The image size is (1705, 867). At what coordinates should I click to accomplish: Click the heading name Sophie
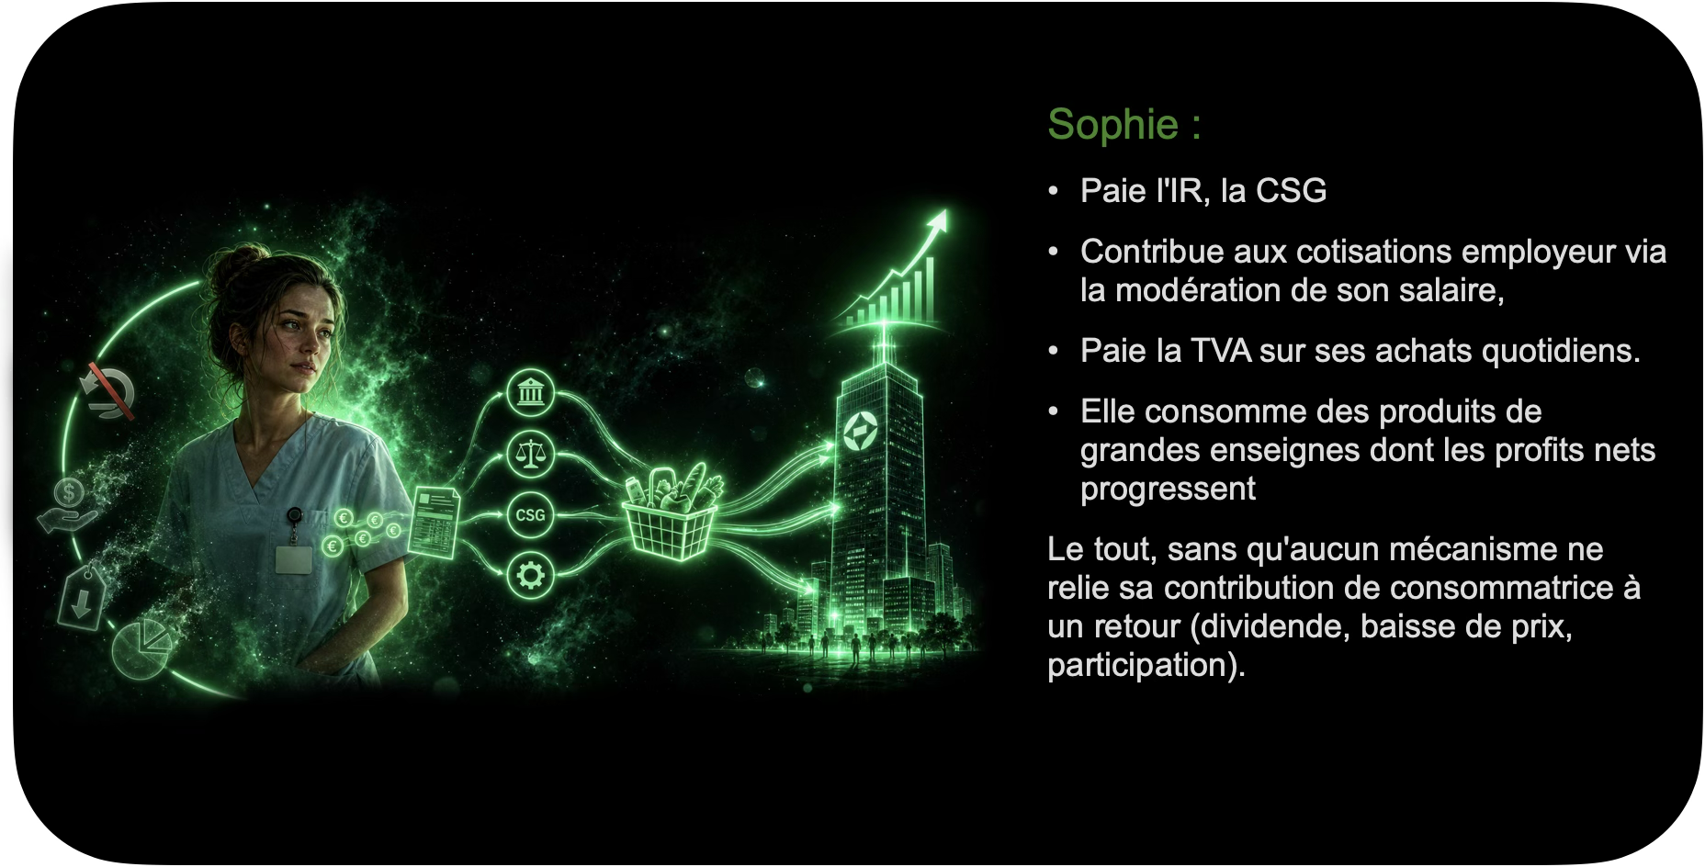[x=1112, y=125]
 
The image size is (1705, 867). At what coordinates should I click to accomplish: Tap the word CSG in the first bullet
[x=1291, y=190]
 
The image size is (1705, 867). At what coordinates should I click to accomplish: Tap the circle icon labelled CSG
[x=530, y=515]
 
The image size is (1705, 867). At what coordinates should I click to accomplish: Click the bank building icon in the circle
[x=530, y=394]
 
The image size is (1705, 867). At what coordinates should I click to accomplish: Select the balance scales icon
[x=530, y=454]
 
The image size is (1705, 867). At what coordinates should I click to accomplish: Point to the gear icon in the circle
[x=530, y=576]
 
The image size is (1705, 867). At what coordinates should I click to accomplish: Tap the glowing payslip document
[x=433, y=523]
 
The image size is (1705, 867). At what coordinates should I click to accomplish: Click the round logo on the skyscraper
[x=861, y=432]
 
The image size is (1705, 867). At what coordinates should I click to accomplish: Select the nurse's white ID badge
[x=294, y=559]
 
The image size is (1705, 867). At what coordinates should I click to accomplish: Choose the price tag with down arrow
[x=82, y=597]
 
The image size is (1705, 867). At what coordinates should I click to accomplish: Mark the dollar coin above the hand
[x=69, y=492]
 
